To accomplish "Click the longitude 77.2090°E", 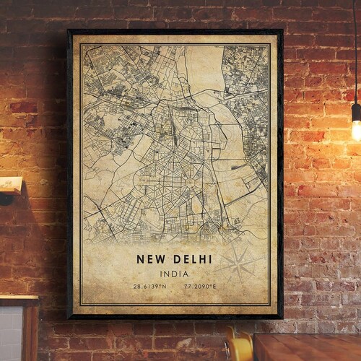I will click(x=200, y=287).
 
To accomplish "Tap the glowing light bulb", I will click(x=356, y=129).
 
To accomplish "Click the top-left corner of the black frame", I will click(x=69, y=31).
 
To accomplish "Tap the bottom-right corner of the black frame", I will click(x=281, y=317).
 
